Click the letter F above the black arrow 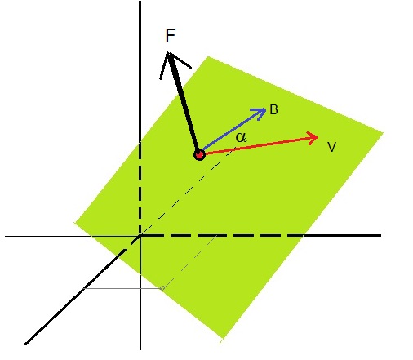tap(171, 36)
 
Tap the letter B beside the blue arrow tap(273, 109)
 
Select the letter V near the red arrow tap(332, 147)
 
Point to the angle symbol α tap(242, 137)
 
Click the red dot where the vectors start tap(199, 155)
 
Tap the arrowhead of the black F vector tap(169, 52)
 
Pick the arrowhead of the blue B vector tap(266, 109)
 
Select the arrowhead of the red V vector tap(318, 137)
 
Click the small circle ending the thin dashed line tap(162, 288)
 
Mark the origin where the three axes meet tap(140, 236)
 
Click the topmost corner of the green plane tap(208, 56)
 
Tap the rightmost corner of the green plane tap(384, 132)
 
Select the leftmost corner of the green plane tap(74, 223)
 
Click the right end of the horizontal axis tap(381, 235)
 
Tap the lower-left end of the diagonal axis tap(25, 344)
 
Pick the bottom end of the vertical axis tap(140, 349)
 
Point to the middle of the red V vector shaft tap(259, 146)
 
